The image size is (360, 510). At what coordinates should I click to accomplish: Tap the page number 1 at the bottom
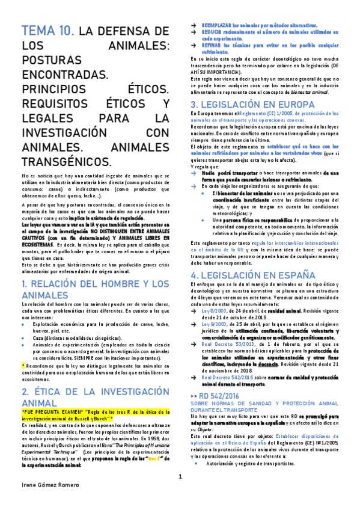[x=180, y=494]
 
